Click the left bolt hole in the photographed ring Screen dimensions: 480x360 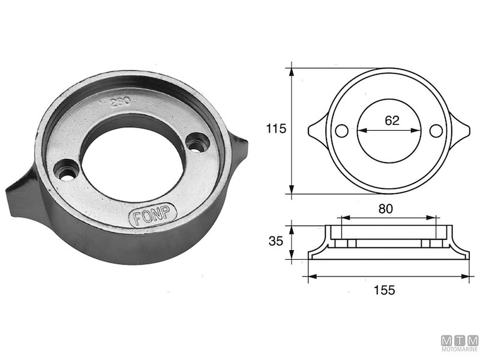point(65,169)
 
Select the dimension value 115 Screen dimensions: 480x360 point(275,128)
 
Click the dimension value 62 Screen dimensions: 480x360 point(392,120)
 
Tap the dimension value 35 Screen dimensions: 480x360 point(275,242)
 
